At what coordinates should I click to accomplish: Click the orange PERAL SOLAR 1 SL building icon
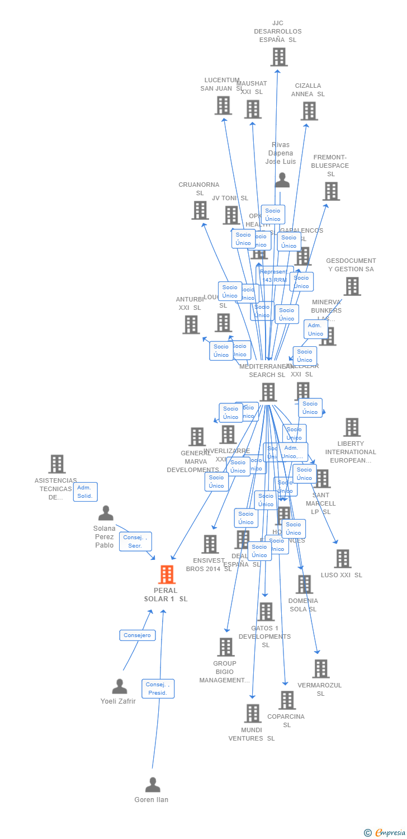(x=167, y=574)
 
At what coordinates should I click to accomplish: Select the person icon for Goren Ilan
(x=153, y=785)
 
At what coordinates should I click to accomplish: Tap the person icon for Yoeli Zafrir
(x=120, y=686)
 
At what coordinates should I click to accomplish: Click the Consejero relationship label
(x=137, y=635)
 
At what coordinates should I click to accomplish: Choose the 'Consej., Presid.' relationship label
(x=158, y=689)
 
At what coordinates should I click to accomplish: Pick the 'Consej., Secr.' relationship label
(x=135, y=541)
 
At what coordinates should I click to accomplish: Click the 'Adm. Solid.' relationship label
(x=85, y=492)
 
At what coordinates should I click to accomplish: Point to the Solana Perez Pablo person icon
(x=106, y=513)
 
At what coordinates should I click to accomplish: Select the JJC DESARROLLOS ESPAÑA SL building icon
(x=278, y=57)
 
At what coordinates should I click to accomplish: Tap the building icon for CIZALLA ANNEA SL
(x=309, y=111)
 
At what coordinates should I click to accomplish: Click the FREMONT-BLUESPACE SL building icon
(x=331, y=191)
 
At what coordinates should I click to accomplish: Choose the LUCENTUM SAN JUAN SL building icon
(x=223, y=105)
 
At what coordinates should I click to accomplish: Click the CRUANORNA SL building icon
(x=200, y=210)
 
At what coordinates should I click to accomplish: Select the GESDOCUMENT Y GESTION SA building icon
(x=352, y=286)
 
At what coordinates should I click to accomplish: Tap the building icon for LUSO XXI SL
(x=342, y=558)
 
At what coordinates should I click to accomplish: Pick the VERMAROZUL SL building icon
(x=320, y=668)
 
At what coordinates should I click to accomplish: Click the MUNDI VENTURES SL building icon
(x=253, y=713)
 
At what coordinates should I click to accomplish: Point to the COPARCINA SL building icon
(x=286, y=700)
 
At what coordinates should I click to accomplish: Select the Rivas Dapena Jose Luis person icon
(x=282, y=180)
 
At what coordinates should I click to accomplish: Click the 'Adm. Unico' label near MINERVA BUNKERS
(x=315, y=329)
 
